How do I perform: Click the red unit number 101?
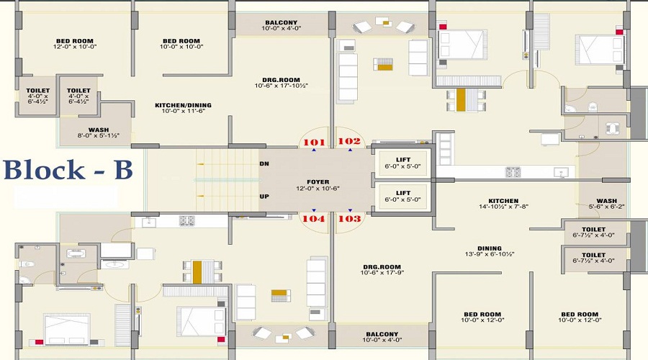(314, 142)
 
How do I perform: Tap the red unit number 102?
(349, 142)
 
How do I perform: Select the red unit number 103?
(349, 218)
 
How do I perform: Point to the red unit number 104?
(314, 218)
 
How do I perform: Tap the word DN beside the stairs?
(264, 164)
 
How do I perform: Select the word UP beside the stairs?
(264, 196)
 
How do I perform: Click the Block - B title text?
(68, 170)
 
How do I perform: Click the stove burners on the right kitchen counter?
(513, 172)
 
